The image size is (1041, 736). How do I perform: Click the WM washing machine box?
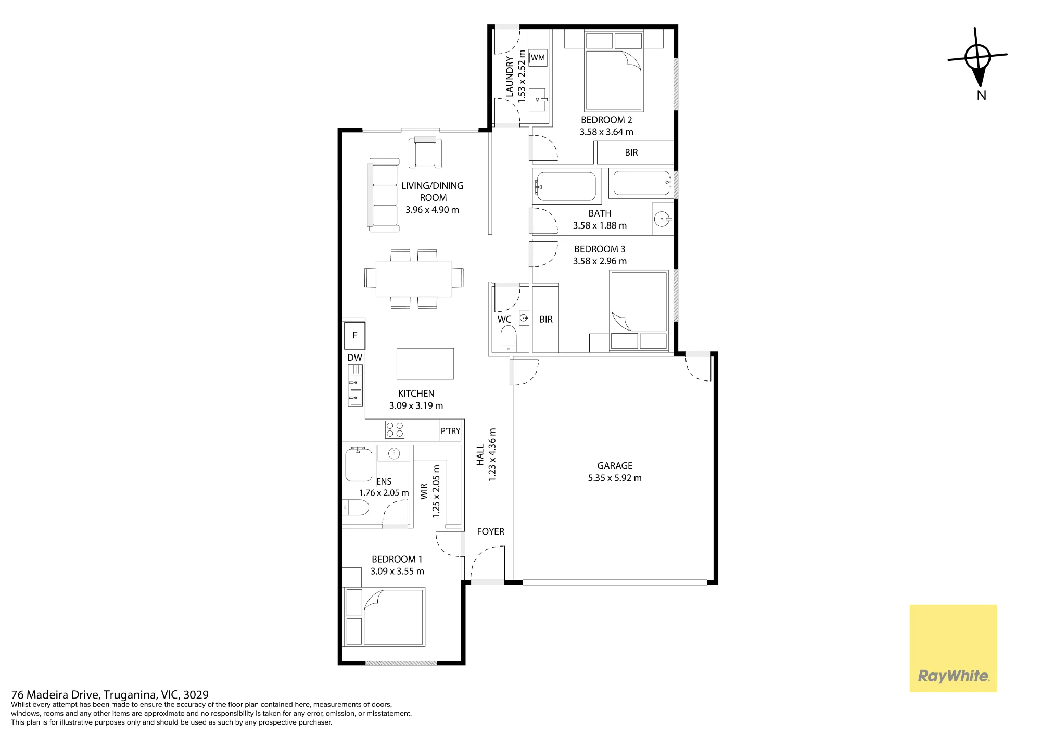click(538, 57)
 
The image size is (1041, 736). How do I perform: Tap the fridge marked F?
click(354, 336)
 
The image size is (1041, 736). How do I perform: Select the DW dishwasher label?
click(354, 358)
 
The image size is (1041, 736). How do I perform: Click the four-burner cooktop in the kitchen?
click(395, 430)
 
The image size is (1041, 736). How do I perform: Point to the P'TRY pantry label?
click(450, 431)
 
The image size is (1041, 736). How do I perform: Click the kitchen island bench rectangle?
click(425, 364)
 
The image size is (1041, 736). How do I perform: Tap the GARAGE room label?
click(615, 466)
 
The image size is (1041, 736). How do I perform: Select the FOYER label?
click(490, 531)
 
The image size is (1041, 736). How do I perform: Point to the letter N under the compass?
click(981, 95)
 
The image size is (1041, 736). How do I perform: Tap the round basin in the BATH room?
click(662, 219)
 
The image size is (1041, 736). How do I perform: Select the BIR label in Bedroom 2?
click(631, 153)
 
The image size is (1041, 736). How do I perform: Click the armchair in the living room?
click(425, 152)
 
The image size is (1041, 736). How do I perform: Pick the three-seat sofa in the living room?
click(383, 195)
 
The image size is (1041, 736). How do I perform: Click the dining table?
click(414, 278)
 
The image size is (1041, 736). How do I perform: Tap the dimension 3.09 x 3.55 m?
click(397, 571)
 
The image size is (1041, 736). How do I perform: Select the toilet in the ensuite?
click(356, 507)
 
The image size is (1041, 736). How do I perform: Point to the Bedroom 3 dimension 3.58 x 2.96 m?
click(600, 261)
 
